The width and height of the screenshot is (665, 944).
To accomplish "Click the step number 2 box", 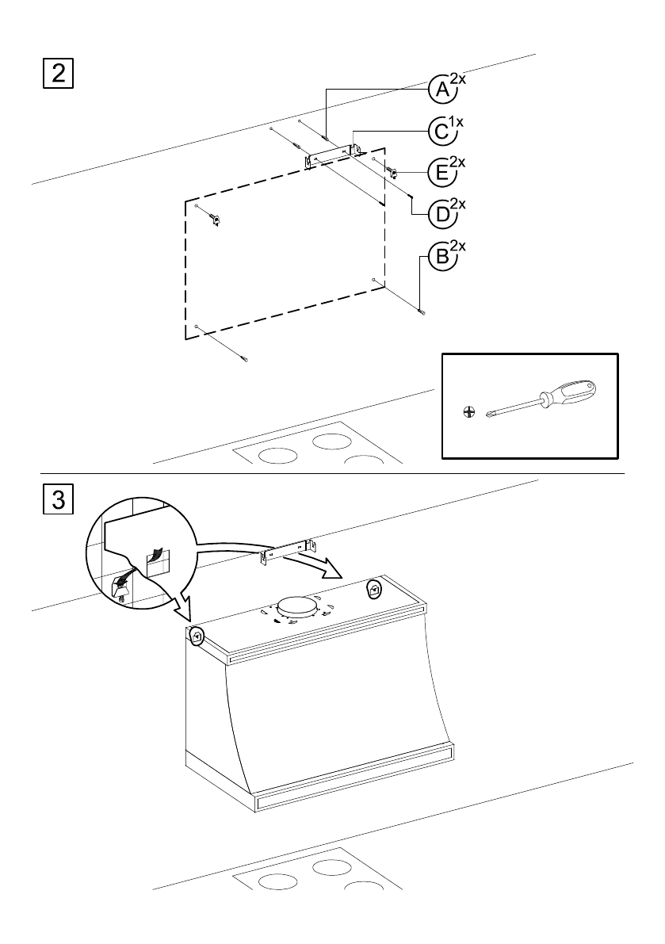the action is [59, 74].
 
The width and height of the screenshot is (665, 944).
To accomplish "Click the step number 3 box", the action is [59, 499].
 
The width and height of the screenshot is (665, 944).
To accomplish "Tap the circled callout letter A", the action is [442, 90].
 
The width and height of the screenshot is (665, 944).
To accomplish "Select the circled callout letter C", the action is [442, 132].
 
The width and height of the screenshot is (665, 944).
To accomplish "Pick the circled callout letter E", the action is [442, 173].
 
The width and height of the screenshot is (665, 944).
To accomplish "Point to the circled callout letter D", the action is [442, 214].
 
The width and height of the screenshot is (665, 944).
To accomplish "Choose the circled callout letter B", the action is [442, 257].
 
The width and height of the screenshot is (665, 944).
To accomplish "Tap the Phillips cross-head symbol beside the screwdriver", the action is [468, 412].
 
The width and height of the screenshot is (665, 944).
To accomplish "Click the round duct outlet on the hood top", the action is [297, 607].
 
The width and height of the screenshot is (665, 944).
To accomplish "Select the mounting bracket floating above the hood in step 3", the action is [289, 552].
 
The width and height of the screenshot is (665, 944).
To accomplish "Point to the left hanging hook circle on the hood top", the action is [197, 635].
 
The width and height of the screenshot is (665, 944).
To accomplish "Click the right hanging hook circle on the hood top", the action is [374, 590].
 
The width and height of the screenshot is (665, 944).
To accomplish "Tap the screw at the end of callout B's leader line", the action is [421, 311].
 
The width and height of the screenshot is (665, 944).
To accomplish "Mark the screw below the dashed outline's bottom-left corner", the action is [243, 359].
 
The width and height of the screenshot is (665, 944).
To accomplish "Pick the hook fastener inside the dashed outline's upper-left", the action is [214, 219].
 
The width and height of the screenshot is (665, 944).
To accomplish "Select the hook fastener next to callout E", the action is [394, 173].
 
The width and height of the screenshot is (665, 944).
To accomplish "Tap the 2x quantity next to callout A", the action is [458, 79].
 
